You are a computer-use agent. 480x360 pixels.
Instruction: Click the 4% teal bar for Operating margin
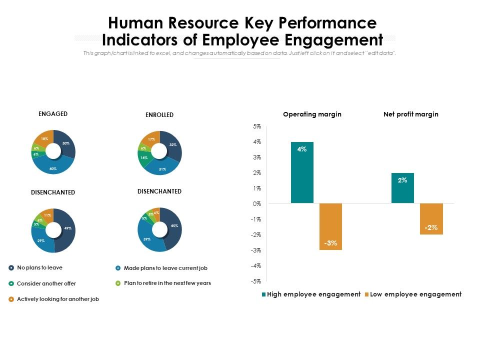pyautogui.click(x=302, y=172)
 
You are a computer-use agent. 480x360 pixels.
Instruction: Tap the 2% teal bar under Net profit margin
pyautogui.click(x=402, y=188)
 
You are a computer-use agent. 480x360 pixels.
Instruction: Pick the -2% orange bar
pyautogui.click(x=431, y=218)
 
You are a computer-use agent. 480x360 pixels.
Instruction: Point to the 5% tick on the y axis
pyautogui.click(x=257, y=126)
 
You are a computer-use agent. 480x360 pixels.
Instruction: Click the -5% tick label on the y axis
pyautogui.click(x=256, y=281)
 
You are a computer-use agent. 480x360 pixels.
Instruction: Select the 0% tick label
pyautogui.click(x=257, y=203)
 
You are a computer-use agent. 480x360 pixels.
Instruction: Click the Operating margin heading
pyautogui.click(x=312, y=114)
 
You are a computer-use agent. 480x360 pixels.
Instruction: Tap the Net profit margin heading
pyautogui.click(x=410, y=114)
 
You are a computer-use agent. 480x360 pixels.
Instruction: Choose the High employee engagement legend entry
pyautogui.click(x=310, y=294)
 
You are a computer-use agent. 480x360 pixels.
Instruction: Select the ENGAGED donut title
pyautogui.click(x=53, y=114)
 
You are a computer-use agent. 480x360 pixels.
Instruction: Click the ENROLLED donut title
pyautogui.click(x=159, y=115)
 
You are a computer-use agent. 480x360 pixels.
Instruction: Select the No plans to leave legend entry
pyautogui.click(x=39, y=267)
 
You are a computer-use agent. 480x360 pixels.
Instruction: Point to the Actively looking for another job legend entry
pyautogui.click(x=57, y=299)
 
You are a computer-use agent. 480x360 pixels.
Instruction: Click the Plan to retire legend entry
pyautogui.click(x=167, y=283)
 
